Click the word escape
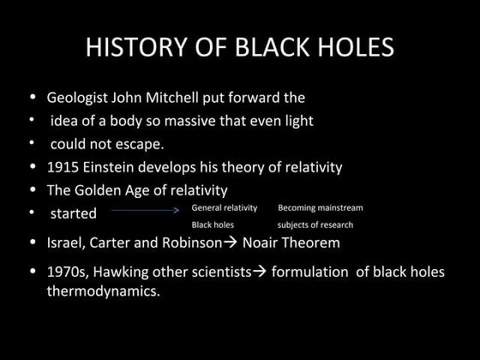141,144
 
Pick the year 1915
64,167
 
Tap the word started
73,213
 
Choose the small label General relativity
224,208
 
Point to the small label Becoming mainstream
320,208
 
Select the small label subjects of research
315,225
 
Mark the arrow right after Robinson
230,243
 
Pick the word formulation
314,273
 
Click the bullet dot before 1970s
33,273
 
